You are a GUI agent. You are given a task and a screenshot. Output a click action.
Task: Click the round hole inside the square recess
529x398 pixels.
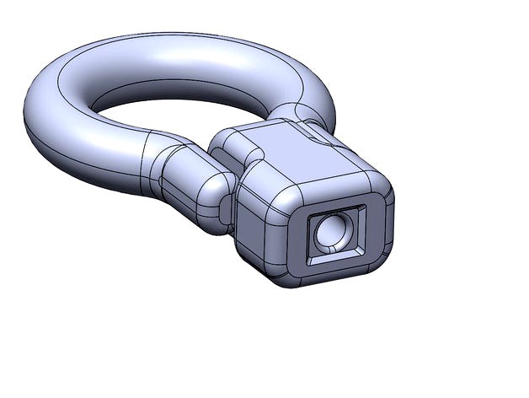pyautogui.click(x=331, y=231)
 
